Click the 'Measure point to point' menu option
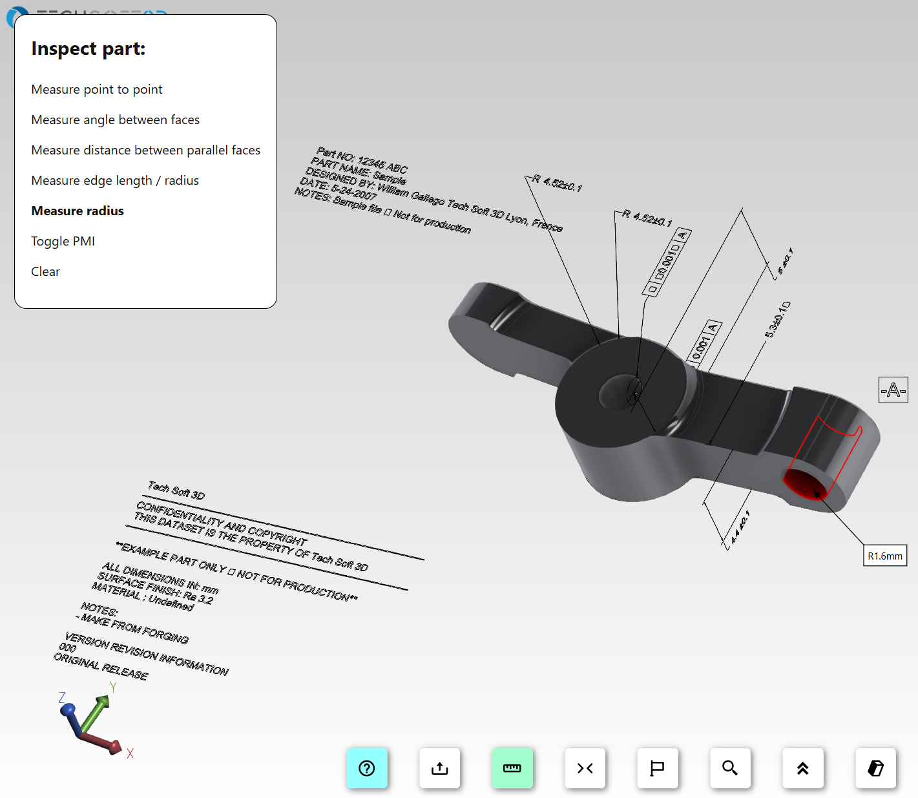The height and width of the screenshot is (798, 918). coord(97,89)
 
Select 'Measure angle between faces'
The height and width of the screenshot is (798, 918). coord(115,120)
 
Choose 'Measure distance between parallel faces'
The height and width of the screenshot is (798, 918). coord(145,150)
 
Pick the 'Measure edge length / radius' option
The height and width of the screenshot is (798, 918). coord(114,180)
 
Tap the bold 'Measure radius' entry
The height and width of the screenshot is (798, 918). coord(78,211)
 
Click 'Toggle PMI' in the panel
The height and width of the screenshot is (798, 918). coord(63,241)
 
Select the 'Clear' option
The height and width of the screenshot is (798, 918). coord(45,271)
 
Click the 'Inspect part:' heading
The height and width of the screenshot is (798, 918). coord(88,48)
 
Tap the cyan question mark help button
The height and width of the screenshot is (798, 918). coord(367,768)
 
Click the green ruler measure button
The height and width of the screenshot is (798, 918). coord(512,768)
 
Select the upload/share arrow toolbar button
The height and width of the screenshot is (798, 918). coord(440,768)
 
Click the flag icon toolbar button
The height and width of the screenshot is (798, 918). coord(658,768)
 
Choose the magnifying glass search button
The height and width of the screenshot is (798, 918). coord(730,768)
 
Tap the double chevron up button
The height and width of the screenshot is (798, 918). coord(803,768)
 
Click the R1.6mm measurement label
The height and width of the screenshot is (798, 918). coord(885,556)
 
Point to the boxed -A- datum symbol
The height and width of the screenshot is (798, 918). coord(893,390)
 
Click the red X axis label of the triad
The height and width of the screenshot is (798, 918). coord(130,753)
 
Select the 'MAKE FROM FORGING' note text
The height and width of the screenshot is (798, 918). coord(136,629)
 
